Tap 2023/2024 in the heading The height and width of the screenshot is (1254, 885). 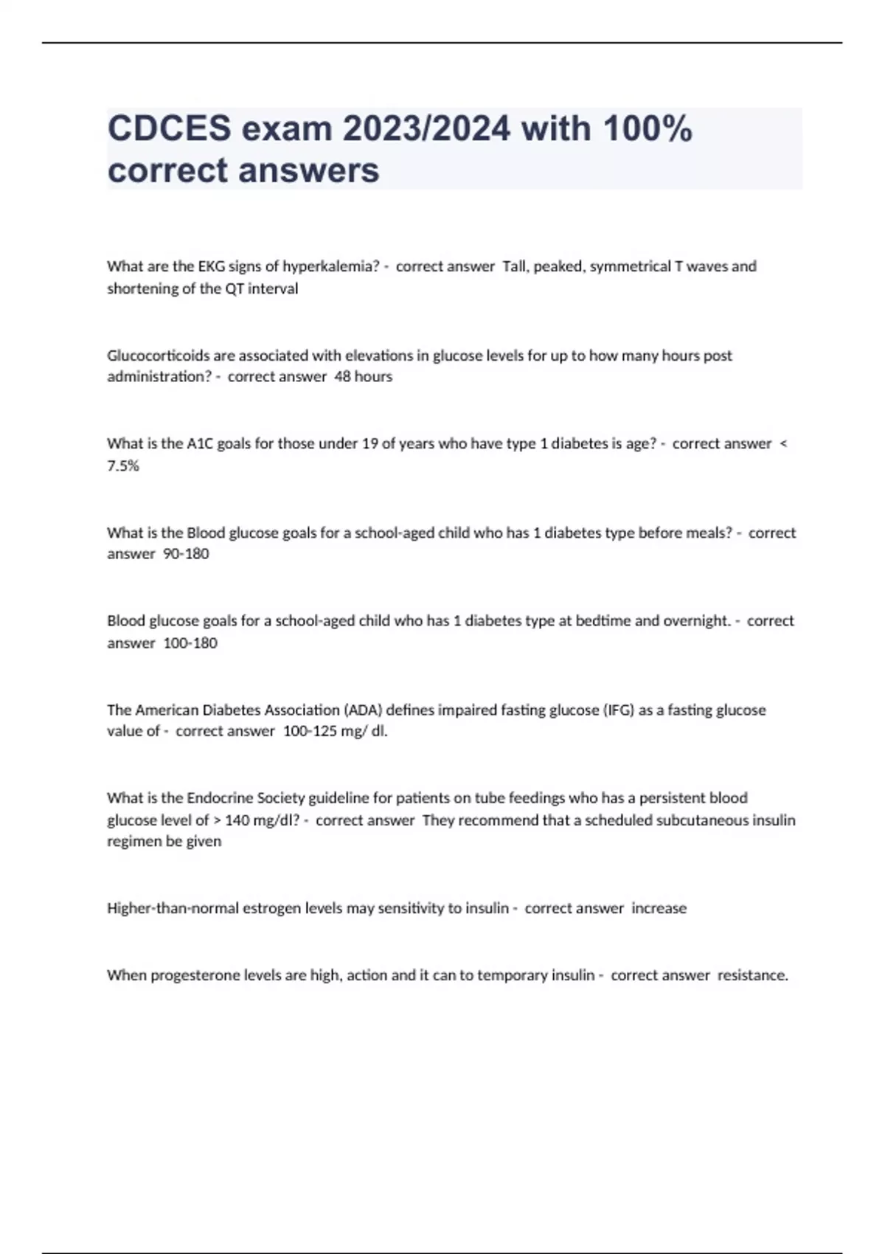click(426, 129)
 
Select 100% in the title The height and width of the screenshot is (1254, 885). click(648, 129)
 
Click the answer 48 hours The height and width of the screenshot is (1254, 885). click(364, 377)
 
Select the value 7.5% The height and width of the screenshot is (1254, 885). click(123, 466)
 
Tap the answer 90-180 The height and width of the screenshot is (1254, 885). click(186, 554)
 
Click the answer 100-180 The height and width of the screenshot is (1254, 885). click(190, 643)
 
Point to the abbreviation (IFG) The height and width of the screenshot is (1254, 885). click(619, 710)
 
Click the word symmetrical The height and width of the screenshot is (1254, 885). click(631, 266)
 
